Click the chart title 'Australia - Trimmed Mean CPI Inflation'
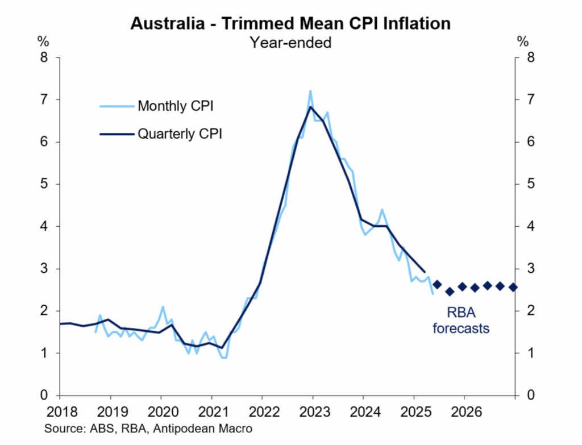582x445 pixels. tap(290, 23)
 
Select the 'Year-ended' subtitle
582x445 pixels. tap(290, 41)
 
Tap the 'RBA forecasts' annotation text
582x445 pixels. tap(460, 319)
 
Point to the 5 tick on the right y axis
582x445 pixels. tap(530, 184)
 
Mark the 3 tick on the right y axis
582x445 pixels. tap(530, 269)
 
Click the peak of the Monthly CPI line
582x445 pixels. tap(310, 91)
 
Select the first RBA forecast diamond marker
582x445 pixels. tap(437, 284)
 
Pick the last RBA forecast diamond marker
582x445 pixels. tap(513, 287)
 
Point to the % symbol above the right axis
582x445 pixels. tap(522, 41)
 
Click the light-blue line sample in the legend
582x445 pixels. tap(116, 106)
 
